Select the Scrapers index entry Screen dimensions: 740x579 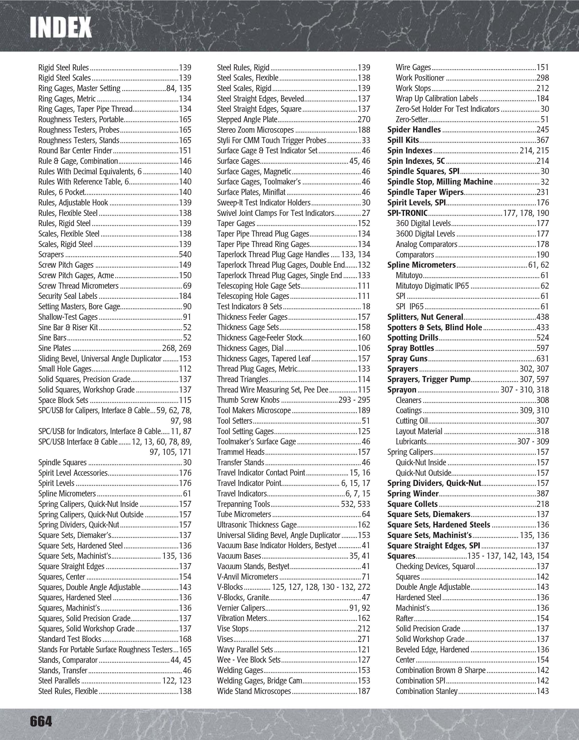(51, 254)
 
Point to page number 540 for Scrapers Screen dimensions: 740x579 (185, 254)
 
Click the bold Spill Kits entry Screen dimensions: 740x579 (403, 140)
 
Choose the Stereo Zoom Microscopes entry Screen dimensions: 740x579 (255, 130)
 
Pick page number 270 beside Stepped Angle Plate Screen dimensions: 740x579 (364, 120)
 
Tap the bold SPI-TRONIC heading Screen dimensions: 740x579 (407, 213)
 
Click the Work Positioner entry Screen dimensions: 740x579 (420, 78)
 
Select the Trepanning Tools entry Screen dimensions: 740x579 (244, 504)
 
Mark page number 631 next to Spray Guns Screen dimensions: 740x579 (542, 358)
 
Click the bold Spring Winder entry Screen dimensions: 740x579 (413, 494)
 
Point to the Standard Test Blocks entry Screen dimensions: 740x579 (69, 639)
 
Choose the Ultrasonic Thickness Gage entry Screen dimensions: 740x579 (257, 525)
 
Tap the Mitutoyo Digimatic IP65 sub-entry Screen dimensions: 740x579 (432, 286)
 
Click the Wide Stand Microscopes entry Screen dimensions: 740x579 (254, 691)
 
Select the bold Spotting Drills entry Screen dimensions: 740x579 (412, 338)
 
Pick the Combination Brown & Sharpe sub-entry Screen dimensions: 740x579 (440, 670)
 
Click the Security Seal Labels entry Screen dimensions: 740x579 (68, 296)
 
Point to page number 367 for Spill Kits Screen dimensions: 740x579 (542, 140)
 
